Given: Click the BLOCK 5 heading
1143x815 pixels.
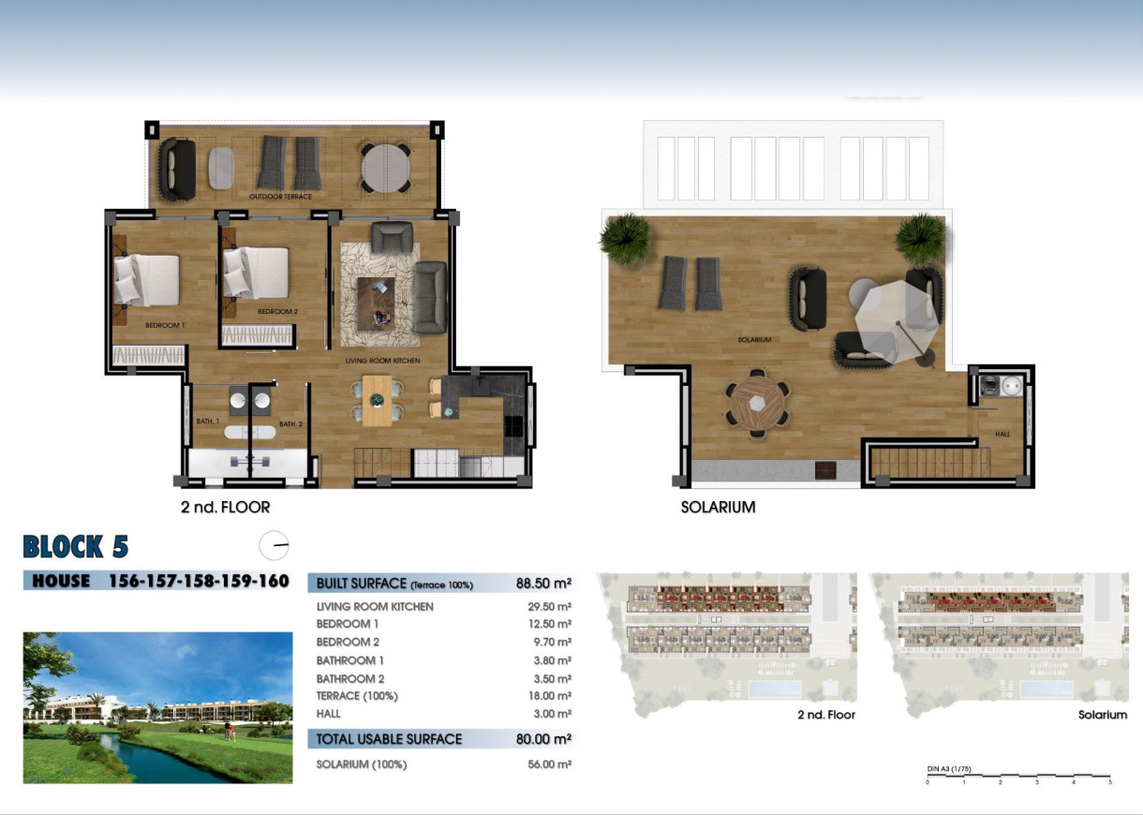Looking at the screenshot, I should coord(75,546).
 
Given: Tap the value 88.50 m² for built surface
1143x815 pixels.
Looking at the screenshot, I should coord(543,583).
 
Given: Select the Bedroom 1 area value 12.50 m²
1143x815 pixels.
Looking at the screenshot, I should coord(550,624).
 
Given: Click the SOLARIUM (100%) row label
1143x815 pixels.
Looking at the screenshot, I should coord(362,764).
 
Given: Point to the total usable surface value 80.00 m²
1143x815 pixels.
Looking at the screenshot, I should coord(543,739).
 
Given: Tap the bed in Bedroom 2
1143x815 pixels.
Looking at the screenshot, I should coord(256,273).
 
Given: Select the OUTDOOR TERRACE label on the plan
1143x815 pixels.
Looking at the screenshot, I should coord(280,197).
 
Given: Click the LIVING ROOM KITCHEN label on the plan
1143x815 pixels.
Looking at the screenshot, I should coord(382,361).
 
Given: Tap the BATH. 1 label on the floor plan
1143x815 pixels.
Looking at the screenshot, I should coord(207,422).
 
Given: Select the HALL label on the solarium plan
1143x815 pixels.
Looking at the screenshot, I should coord(1002,435).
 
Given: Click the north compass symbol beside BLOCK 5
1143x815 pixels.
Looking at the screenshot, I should coord(274,545).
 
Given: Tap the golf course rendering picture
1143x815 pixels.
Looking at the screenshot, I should coord(157,707).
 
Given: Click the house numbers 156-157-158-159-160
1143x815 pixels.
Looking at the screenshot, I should coord(200,581).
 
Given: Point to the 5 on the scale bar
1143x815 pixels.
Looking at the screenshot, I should coord(1110,781).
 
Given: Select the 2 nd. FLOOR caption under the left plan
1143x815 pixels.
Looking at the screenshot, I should coord(225,508).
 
